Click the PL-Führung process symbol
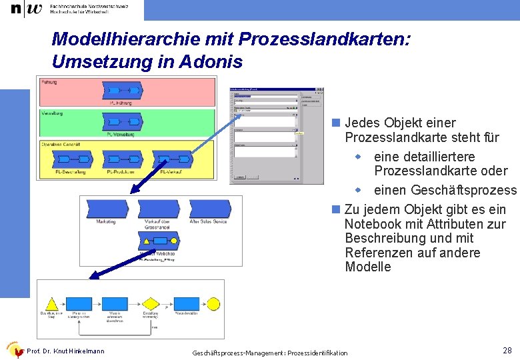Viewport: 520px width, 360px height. [122, 90]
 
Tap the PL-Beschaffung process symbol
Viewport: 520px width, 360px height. [70, 160]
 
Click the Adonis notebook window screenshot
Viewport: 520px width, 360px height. [276, 135]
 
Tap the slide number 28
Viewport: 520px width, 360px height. [506, 350]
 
